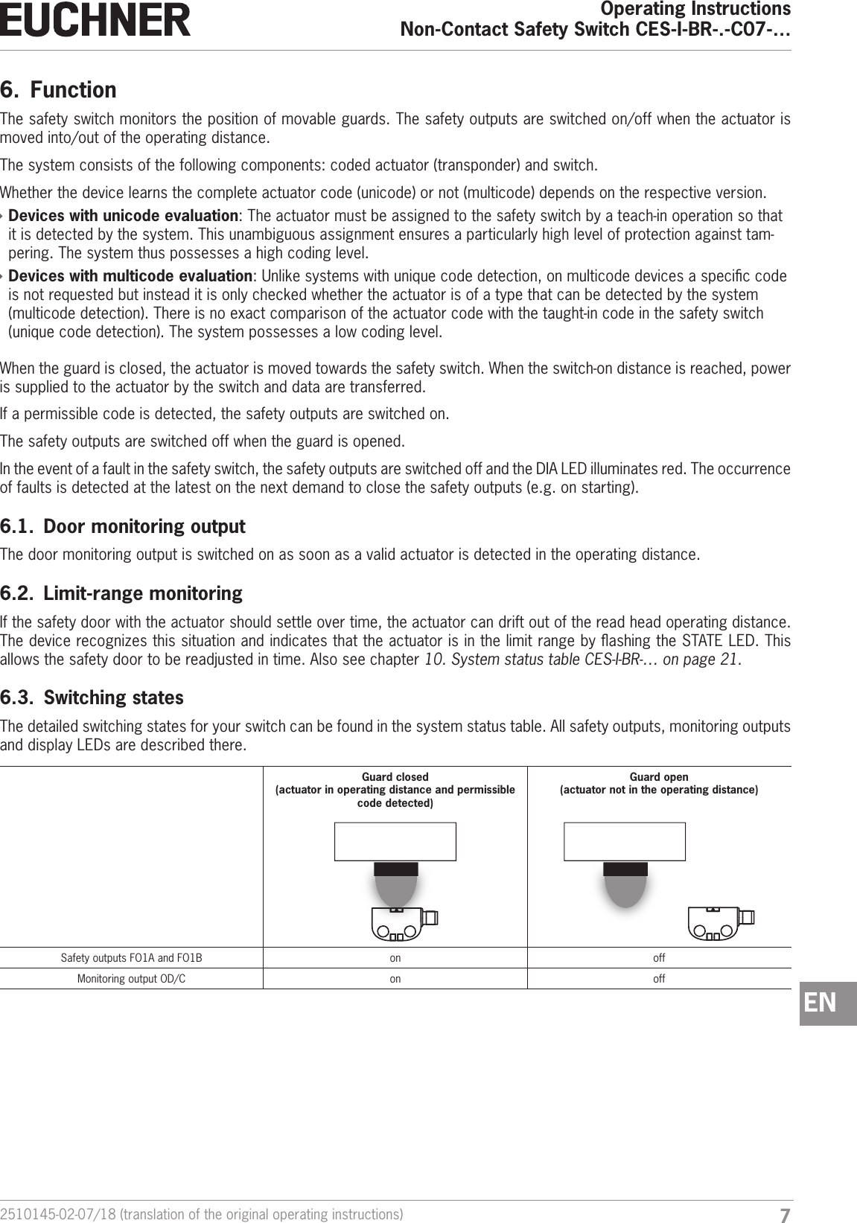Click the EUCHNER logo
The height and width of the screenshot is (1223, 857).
[95, 20]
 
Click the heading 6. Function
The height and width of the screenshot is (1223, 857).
[59, 90]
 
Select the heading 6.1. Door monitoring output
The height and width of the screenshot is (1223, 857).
[123, 527]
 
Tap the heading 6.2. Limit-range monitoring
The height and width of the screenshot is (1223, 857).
[121, 594]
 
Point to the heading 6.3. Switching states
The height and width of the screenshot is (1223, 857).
[92, 698]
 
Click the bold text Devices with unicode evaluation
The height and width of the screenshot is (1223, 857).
[123, 216]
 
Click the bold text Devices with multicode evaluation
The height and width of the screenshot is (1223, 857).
[130, 277]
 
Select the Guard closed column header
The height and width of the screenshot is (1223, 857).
[395, 790]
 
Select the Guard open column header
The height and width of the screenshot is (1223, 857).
[659, 783]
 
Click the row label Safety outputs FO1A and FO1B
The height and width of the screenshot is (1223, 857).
[131, 958]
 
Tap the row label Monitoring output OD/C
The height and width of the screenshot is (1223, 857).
[132, 979]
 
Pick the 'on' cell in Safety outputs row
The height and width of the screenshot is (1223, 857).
[395, 958]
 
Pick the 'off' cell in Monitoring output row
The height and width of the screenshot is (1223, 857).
[659, 979]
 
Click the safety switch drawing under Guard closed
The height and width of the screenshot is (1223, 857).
[403, 923]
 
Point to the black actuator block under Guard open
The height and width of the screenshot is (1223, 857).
[625, 869]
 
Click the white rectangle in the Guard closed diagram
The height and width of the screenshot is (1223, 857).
[395, 841]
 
